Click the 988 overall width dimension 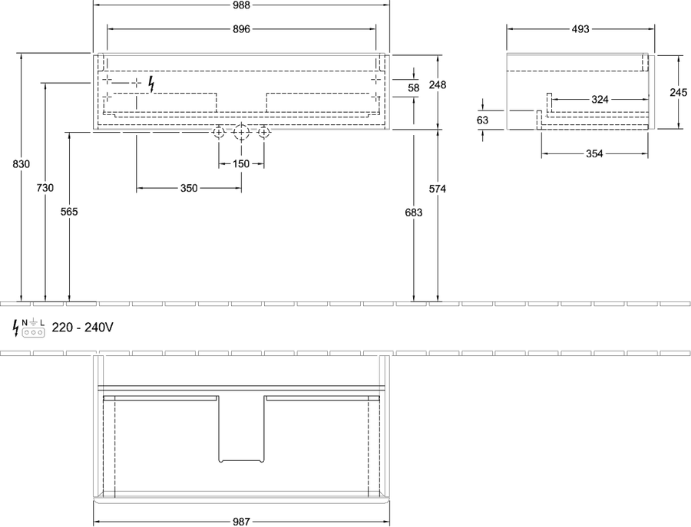click(241, 5)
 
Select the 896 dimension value click(241, 29)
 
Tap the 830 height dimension click(21, 164)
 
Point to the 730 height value click(45, 188)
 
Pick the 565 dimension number click(69, 212)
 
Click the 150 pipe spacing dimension click(241, 164)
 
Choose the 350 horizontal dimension click(189, 188)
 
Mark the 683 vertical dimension click(413, 212)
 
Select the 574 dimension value click(437, 189)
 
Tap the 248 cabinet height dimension click(437, 84)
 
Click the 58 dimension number click(413, 88)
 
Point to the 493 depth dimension click(580, 29)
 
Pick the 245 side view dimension click(678, 93)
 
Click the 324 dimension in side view click(600, 100)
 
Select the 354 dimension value click(594, 153)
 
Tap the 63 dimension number click(483, 120)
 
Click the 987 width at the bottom click(241, 522)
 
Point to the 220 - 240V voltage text click(82, 327)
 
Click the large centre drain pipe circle click(241, 132)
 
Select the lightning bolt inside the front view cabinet click(151, 84)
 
